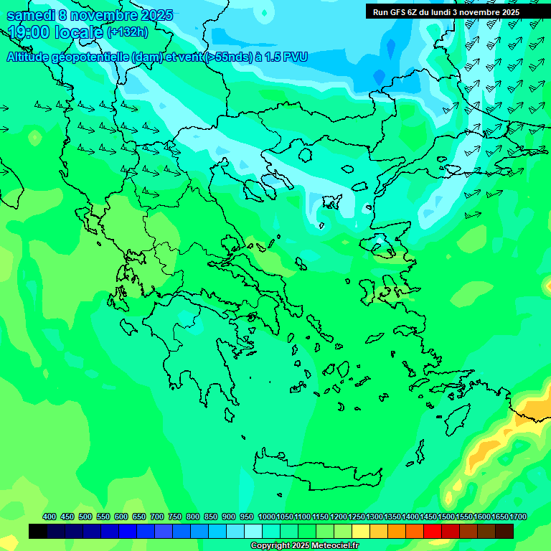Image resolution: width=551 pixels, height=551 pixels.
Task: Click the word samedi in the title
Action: (32, 15)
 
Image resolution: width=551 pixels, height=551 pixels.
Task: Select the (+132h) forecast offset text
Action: (128, 32)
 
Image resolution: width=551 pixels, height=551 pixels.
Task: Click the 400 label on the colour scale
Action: (50, 517)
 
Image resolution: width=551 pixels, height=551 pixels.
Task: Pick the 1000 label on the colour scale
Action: (266, 517)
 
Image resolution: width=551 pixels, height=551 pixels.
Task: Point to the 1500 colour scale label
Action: (446, 517)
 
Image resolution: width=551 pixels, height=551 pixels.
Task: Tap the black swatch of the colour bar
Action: (38, 531)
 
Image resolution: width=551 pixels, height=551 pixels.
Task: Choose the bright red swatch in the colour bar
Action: (433, 531)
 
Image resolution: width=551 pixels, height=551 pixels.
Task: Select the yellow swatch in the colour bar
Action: (361, 531)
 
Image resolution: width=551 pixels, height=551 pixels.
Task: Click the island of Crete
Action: (316, 470)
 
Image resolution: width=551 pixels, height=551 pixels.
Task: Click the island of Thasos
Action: (305, 155)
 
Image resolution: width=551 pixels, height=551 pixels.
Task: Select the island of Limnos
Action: (331, 202)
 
